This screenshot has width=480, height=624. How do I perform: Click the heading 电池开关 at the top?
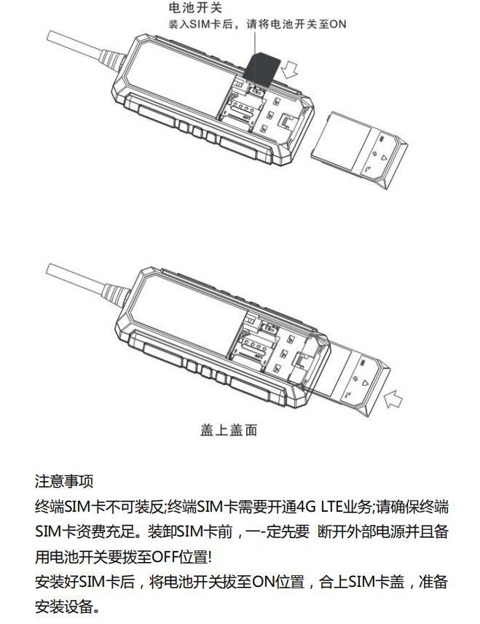click(x=195, y=7)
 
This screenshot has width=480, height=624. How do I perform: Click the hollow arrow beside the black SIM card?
click(x=289, y=69)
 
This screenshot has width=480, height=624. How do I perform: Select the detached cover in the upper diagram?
click(x=358, y=149)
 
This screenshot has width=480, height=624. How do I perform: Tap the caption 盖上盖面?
click(x=229, y=430)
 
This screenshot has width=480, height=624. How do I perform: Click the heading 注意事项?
click(x=64, y=481)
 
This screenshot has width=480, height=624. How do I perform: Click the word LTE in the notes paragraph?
click(x=332, y=507)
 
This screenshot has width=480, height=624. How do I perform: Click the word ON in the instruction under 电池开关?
click(x=338, y=25)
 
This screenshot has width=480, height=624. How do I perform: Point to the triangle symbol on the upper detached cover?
click(x=383, y=157)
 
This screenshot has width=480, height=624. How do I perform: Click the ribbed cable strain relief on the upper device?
click(x=114, y=61)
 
